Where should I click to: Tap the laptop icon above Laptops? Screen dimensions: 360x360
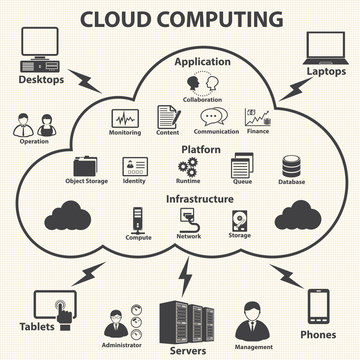(x=321, y=45)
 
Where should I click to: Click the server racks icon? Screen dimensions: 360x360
(x=183, y=318)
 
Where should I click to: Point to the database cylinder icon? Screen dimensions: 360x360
(x=291, y=166)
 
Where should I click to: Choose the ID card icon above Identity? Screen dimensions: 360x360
(x=134, y=166)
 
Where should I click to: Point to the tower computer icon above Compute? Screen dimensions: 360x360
(x=138, y=217)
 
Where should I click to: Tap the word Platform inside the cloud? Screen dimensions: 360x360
(x=200, y=148)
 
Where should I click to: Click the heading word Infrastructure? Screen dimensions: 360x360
(x=200, y=198)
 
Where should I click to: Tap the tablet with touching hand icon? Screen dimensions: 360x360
(x=53, y=309)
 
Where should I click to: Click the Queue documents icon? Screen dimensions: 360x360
(x=241, y=166)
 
